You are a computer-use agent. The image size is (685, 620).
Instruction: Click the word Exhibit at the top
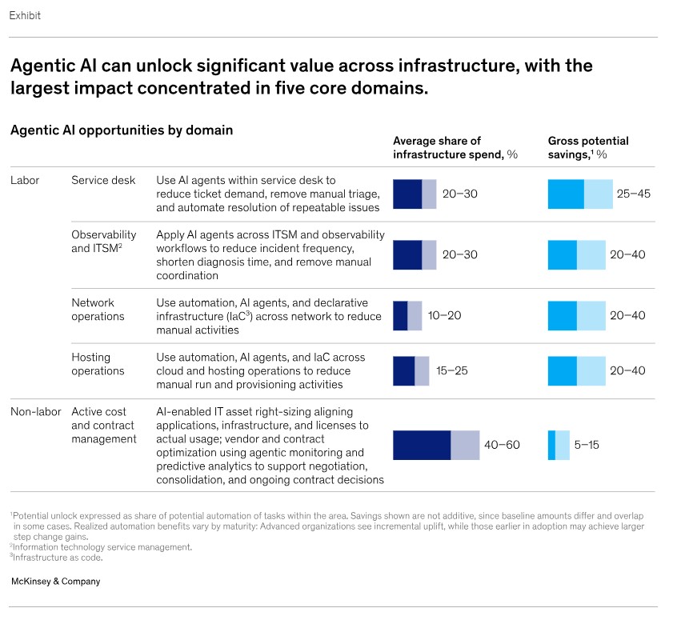click(x=25, y=16)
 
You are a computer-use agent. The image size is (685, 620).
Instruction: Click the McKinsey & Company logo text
click(x=55, y=581)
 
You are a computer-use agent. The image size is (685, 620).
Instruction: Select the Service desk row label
click(x=103, y=180)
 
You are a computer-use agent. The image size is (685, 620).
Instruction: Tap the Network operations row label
click(x=98, y=310)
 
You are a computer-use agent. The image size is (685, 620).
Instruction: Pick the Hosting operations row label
click(x=98, y=364)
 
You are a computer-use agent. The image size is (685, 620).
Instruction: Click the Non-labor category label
click(x=36, y=412)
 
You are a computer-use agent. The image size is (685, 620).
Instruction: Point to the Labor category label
click(x=25, y=180)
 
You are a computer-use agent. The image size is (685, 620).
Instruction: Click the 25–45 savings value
click(x=634, y=194)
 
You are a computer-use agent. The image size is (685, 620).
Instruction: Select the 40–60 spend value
click(x=502, y=445)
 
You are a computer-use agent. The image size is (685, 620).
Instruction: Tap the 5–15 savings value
click(x=587, y=445)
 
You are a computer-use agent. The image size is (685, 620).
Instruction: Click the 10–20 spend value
click(x=444, y=315)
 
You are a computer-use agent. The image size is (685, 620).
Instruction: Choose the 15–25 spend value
click(x=451, y=370)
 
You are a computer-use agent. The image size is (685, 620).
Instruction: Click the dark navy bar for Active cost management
click(x=422, y=445)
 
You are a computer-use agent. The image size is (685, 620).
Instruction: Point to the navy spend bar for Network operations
click(x=400, y=315)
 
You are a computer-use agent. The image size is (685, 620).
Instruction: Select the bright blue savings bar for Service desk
click(x=567, y=194)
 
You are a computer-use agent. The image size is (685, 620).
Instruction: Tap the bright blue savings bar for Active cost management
click(x=551, y=445)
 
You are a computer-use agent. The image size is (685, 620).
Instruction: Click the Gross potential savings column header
click(x=588, y=147)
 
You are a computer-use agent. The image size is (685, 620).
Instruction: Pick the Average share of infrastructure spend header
click(x=455, y=147)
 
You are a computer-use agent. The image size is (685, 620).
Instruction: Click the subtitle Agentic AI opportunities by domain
click(x=122, y=130)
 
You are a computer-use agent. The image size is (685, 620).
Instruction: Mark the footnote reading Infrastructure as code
click(x=56, y=558)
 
